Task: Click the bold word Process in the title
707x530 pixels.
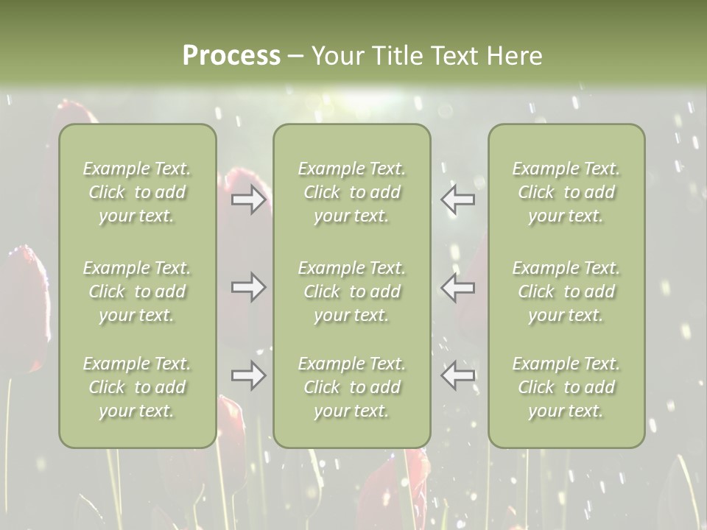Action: (x=231, y=56)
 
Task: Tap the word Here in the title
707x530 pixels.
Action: (x=514, y=56)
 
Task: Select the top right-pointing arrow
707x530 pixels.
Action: (x=249, y=199)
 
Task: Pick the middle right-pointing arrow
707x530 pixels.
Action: (x=249, y=287)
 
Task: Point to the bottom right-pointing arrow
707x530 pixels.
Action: (x=249, y=375)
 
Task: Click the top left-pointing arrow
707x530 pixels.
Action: (x=457, y=199)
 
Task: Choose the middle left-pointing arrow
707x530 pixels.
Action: (x=457, y=287)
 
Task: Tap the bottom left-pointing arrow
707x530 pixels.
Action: (x=457, y=375)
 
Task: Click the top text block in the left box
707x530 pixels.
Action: (x=137, y=192)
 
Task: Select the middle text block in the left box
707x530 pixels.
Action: (x=137, y=291)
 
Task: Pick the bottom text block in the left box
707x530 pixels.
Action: (x=137, y=387)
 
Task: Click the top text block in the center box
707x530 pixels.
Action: (x=351, y=192)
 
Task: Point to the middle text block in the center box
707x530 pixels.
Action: (x=351, y=291)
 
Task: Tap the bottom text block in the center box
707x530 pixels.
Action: (x=351, y=387)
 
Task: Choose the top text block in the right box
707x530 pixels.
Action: (x=566, y=192)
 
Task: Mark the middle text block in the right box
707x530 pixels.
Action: (x=566, y=291)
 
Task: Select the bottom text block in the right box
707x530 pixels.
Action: (x=566, y=387)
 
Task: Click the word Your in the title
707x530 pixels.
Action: (x=336, y=56)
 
